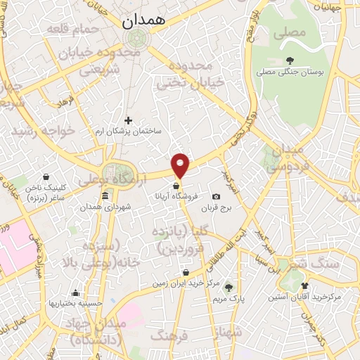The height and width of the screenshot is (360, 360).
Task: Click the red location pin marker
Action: [x=181, y=164]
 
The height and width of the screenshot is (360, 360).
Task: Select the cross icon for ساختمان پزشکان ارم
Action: [x=127, y=121]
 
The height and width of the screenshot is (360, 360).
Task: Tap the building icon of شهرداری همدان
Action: [x=105, y=195]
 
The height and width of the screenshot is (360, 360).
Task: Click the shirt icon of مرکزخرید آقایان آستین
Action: [x=304, y=285]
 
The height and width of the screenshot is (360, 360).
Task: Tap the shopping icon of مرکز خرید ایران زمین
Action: [x=185, y=272]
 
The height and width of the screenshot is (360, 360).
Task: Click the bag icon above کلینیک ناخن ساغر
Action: [x=46, y=176]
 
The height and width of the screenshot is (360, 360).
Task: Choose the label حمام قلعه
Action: [x=68, y=30]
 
